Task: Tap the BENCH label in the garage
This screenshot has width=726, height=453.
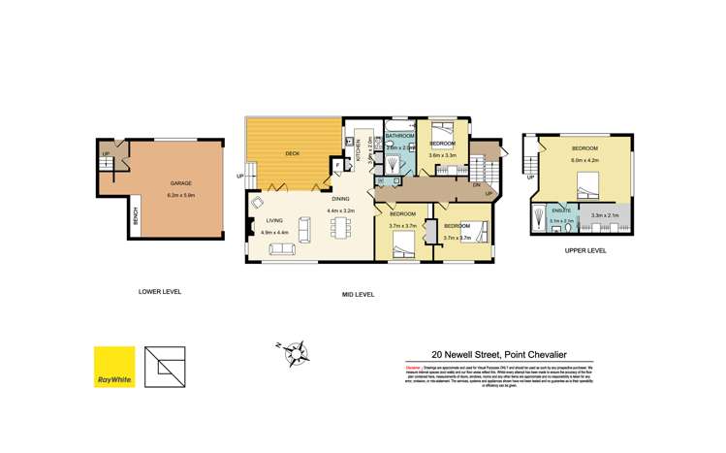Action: (x=135, y=223)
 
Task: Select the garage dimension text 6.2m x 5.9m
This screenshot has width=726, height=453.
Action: (x=181, y=195)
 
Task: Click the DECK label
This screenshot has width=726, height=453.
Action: (x=292, y=154)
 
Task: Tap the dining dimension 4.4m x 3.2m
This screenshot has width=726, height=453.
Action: (x=340, y=210)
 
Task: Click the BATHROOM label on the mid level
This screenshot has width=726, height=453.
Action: (x=399, y=135)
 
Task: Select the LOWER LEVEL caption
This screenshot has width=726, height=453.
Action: (x=159, y=291)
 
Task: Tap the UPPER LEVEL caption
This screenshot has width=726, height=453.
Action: (x=584, y=250)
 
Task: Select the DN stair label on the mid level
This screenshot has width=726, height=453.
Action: (x=477, y=183)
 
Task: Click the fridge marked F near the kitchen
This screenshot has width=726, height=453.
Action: (x=337, y=166)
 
